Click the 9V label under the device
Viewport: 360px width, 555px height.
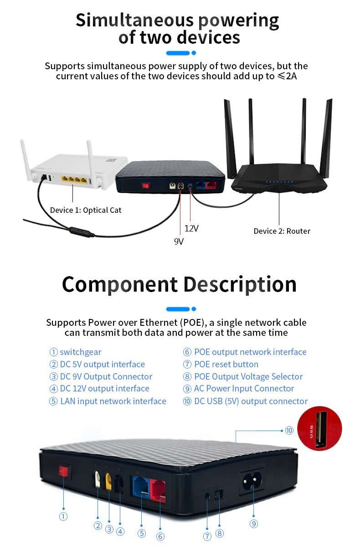(x=179, y=242)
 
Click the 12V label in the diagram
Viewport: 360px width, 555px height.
(x=191, y=228)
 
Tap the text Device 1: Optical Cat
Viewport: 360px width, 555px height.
(x=86, y=210)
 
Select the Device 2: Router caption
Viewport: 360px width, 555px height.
(x=282, y=231)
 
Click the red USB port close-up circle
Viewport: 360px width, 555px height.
(x=319, y=429)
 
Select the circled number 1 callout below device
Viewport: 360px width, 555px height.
(x=63, y=516)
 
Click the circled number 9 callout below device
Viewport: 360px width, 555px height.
(x=254, y=524)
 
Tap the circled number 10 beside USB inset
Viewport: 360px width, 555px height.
(x=289, y=430)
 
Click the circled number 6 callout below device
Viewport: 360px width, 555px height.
(x=160, y=536)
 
